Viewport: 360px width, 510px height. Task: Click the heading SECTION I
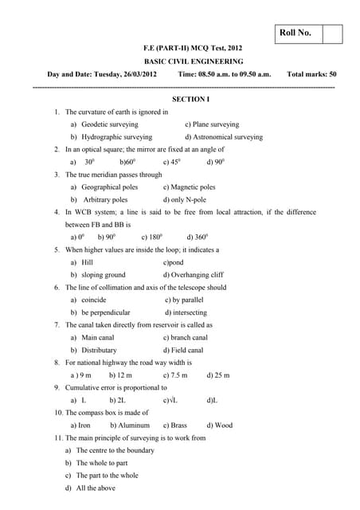pyautogui.click(x=191, y=100)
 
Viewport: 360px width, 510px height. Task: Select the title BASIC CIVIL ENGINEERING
pyautogui.click(x=194, y=61)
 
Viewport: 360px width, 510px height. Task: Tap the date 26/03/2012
pyautogui.click(x=144, y=74)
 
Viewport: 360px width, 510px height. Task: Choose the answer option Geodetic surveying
pyautogui.click(x=104, y=124)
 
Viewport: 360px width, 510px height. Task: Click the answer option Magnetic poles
pyautogui.click(x=194, y=187)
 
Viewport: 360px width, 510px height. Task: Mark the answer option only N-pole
pyautogui.click(x=190, y=199)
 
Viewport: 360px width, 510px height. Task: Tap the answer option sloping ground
pyautogui.click(x=104, y=275)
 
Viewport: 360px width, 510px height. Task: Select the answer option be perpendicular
pyautogui.click(x=106, y=312)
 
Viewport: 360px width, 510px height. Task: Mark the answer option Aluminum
pyautogui.click(x=134, y=425)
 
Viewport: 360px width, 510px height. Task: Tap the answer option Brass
pyautogui.click(x=179, y=425)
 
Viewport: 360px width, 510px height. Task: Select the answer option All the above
pyautogui.click(x=100, y=488)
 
